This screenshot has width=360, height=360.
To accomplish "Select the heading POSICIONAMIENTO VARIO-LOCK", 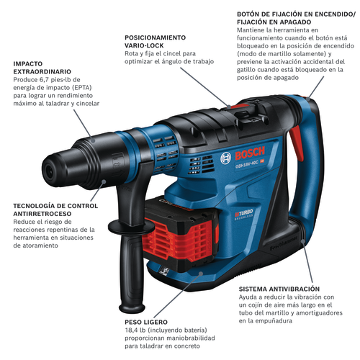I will click(x=156, y=41).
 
